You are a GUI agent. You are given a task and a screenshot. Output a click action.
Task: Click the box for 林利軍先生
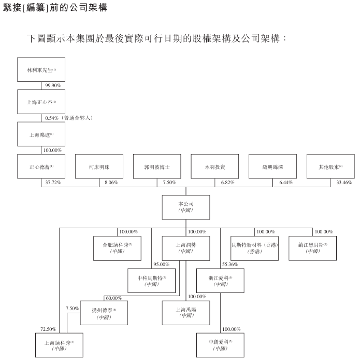(x=41, y=69)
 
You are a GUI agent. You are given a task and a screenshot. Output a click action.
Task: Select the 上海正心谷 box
(x=41, y=102)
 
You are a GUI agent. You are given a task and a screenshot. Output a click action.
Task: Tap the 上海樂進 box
(x=41, y=134)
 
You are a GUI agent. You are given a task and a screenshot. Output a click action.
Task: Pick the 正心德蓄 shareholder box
(x=41, y=167)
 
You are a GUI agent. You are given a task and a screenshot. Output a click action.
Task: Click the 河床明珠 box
(x=99, y=167)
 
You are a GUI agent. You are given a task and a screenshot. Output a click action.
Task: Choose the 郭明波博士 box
(x=156, y=167)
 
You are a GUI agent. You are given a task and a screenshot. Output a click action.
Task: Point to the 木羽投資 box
(x=214, y=167)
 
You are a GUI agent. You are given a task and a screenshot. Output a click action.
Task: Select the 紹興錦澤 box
(x=272, y=167)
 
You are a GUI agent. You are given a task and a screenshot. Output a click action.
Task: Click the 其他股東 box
(x=330, y=167)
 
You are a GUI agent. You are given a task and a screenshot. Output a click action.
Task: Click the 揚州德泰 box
(x=104, y=313)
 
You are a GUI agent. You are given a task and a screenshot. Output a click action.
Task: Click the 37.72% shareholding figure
(x=53, y=183)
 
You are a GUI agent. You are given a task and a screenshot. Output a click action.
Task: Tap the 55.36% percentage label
(x=230, y=264)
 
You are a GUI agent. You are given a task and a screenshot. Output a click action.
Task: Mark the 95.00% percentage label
(x=162, y=264)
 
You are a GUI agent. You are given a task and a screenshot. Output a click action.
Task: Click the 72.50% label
(x=48, y=329)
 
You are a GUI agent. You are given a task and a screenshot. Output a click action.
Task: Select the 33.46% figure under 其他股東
(x=343, y=183)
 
